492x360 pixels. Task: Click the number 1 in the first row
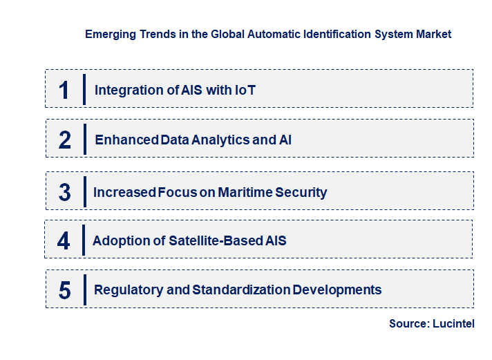[64, 89]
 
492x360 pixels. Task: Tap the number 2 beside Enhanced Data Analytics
[64, 140]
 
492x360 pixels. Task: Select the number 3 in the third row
[64, 192]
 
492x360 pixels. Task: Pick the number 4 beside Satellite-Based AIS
[64, 240]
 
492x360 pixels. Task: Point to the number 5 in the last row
[64, 290]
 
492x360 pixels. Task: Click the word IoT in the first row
[245, 90]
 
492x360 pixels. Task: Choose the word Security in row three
[301, 192]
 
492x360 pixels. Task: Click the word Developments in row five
[337, 290]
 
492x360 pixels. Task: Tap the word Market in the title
[433, 34]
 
